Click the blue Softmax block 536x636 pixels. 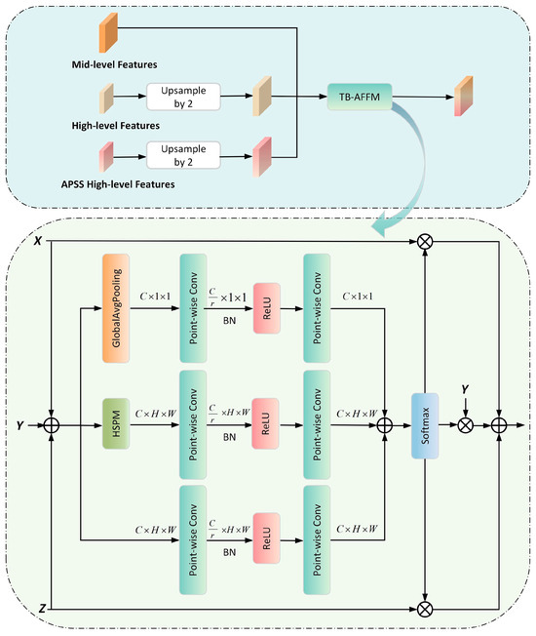[x=426, y=425]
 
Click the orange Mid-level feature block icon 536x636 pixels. [x=107, y=35]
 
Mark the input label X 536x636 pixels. [x=35, y=239]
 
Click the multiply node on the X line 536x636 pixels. [x=426, y=239]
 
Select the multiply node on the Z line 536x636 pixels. [x=426, y=610]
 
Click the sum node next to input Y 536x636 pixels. [x=53, y=426]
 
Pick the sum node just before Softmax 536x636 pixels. [x=384, y=426]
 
